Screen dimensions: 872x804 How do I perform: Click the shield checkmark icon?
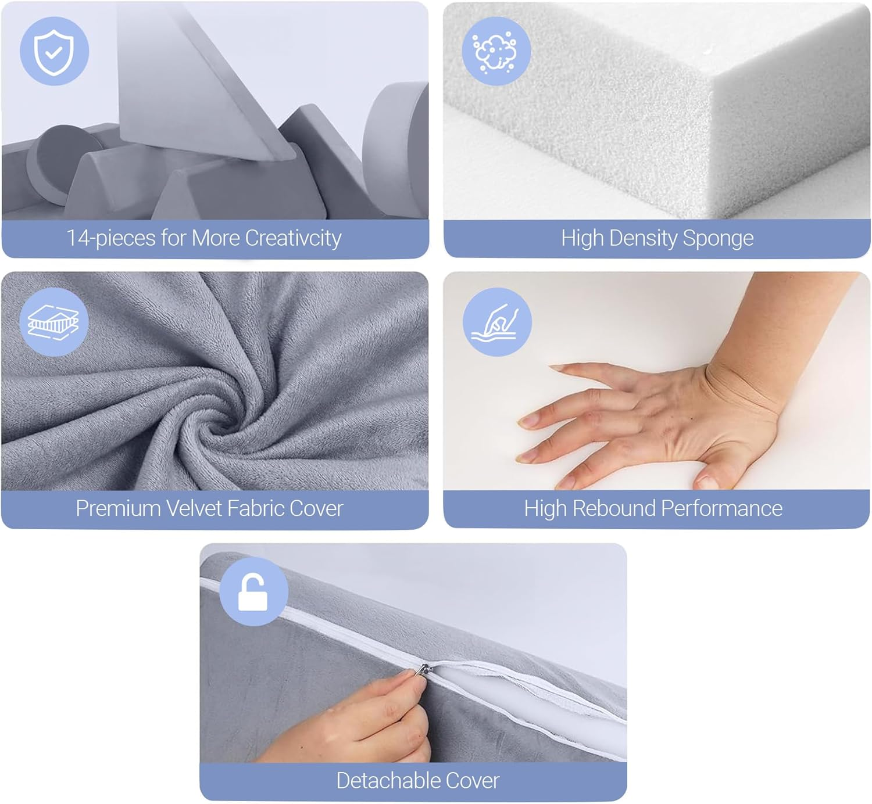54,52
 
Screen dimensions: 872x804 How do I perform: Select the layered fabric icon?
53,322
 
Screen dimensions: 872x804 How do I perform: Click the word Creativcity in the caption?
293,238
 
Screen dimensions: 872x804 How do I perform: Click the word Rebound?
614,509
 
